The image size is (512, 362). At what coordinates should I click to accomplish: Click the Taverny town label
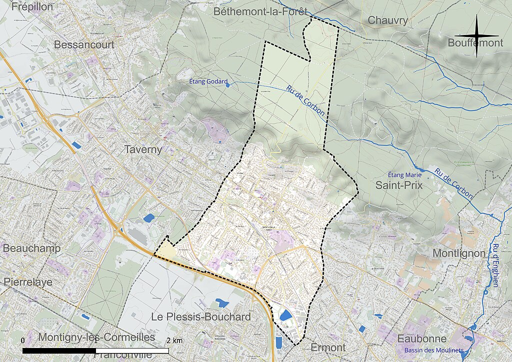[143, 149]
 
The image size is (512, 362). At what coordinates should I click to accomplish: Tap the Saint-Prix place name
[399, 185]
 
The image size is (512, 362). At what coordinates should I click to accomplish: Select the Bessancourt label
[84, 44]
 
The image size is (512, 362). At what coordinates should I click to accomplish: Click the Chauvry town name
[388, 20]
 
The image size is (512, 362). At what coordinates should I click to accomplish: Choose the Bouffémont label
[475, 43]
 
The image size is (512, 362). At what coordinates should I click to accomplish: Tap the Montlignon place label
[459, 253]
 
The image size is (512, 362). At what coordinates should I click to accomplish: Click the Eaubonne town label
[422, 338]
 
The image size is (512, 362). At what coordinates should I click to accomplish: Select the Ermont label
[328, 347]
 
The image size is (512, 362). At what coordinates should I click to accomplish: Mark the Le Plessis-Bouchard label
[201, 317]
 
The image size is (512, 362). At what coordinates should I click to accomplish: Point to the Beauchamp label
[31, 248]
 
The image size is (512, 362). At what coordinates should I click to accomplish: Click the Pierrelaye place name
[28, 282]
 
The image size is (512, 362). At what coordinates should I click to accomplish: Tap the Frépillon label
[32, 6]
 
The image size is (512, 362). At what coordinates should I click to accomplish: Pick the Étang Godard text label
[208, 81]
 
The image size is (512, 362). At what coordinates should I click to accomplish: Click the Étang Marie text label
[405, 174]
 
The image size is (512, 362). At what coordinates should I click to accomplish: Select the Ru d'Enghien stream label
[495, 265]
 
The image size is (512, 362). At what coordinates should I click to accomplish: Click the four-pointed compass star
[476, 35]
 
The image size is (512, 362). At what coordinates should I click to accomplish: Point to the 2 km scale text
[174, 340]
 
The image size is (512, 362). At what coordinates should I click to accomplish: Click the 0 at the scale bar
[22, 340]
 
